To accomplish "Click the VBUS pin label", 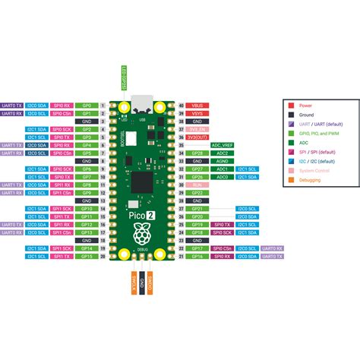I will [197, 105].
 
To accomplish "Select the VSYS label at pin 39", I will [197, 113].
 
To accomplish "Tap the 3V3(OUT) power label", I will [197, 137].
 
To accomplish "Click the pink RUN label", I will [197, 185].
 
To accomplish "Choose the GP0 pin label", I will [87, 105].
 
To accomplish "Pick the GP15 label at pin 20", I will [87, 256].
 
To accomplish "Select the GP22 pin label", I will [197, 201].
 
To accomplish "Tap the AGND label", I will [223, 161].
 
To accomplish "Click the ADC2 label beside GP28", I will [223, 153].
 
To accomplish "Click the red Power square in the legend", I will [289, 106].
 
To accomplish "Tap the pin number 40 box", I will [180, 105].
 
